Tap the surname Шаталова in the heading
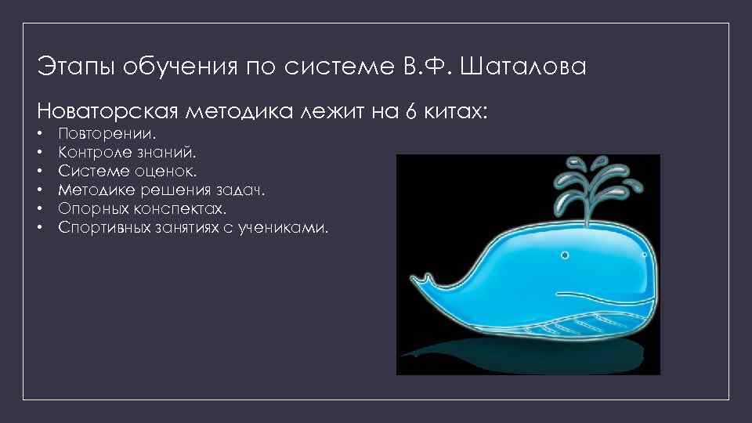(523, 67)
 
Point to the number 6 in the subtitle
(410, 111)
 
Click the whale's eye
(563, 255)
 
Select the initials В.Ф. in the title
(428, 67)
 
